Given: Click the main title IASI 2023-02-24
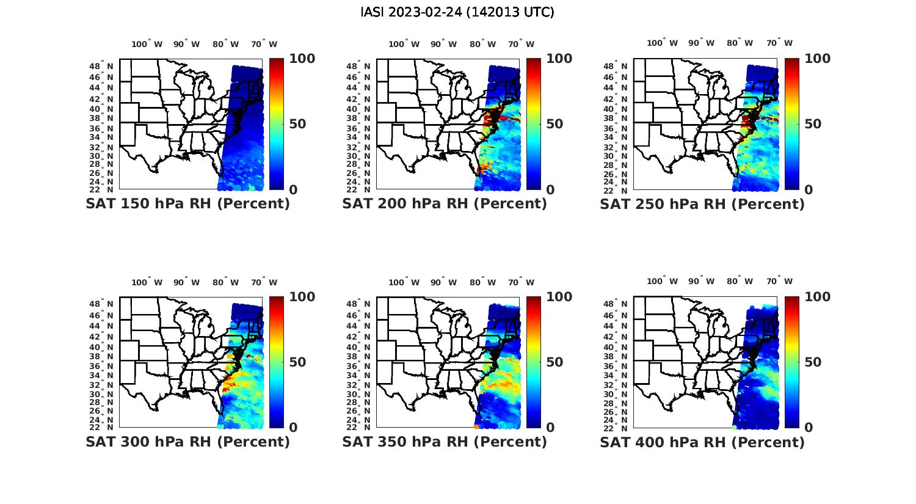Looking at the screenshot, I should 457,12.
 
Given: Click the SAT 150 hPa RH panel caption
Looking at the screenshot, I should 187,204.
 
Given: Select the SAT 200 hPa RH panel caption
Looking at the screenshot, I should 445,204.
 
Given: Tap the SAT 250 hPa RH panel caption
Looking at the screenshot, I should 702,204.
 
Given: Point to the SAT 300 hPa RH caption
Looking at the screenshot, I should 187,442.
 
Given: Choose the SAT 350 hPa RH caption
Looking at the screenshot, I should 445,442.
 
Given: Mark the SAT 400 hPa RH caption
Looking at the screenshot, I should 702,442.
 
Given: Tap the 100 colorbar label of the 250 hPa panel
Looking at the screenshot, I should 818,59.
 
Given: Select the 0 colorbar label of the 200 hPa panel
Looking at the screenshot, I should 550,190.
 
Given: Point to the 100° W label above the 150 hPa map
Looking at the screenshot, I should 147,44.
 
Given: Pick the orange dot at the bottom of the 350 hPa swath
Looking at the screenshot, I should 476,426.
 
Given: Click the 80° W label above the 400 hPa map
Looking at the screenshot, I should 740,281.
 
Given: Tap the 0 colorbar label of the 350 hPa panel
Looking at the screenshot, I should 550,428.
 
